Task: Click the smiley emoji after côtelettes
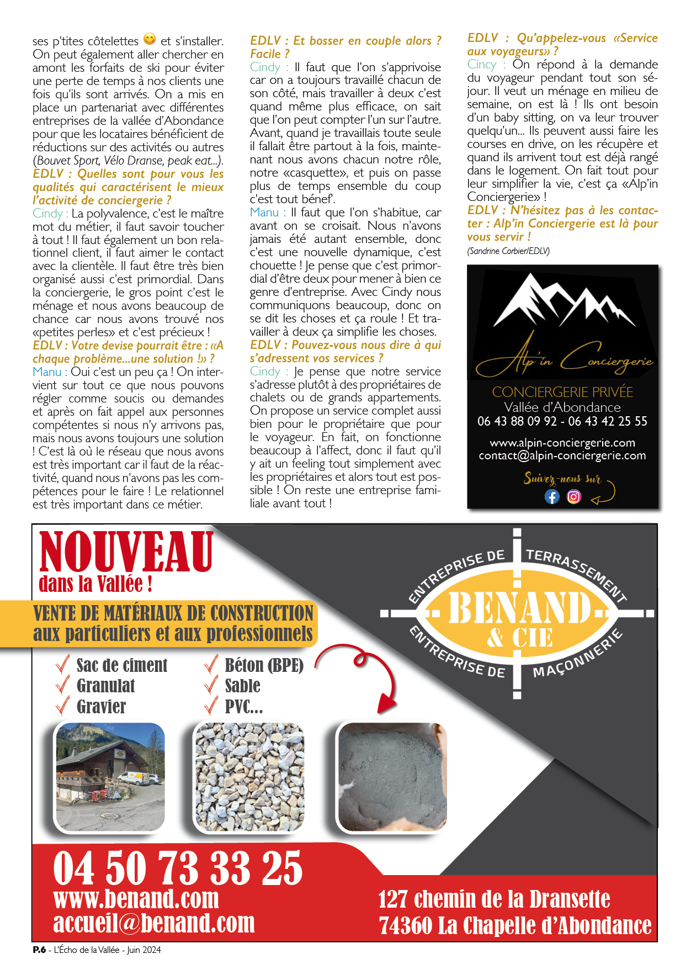[x=150, y=39]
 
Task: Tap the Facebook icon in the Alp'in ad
[x=552, y=496]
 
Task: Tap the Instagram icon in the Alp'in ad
[x=574, y=496]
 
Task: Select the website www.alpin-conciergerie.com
[x=562, y=443]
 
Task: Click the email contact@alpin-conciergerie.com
[x=562, y=456]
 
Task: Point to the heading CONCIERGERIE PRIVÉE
[x=562, y=392]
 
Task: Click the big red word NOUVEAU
[x=126, y=552]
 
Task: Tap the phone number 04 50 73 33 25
[x=178, y=868]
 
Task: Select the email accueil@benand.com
[x=154, y=924]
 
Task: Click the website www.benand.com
[x=136, y=899]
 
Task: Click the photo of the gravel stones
[x=249, y=777]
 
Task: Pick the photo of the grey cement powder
[x=392, y=777]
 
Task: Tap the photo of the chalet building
[x=110, y=777]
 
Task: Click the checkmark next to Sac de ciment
[x=63, y=664]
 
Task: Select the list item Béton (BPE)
[x=264, y=665]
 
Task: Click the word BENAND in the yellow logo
[x=520, y=608]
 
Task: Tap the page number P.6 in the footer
[x=39, y=950]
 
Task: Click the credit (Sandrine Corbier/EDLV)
[x=508, y=251]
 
